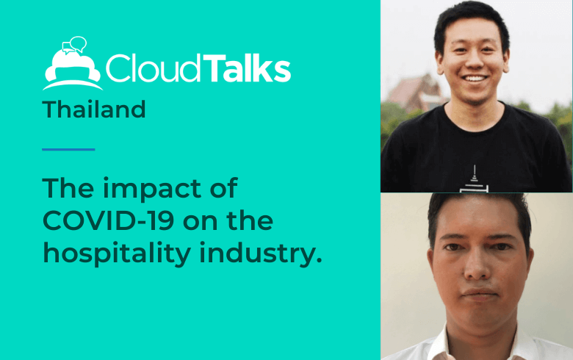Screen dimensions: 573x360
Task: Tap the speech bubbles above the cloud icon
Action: [x=74, y=45]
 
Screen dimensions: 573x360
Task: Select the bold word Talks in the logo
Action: [x=247, y=68]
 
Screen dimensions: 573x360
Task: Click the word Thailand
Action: [x=94, y=109]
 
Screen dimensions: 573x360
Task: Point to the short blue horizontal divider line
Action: [x=68, y=149]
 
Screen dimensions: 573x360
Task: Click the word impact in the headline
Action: [x=152, y=190]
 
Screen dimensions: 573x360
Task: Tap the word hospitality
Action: [x=117, y=254]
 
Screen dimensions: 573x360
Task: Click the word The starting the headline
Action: [x=68, y=187]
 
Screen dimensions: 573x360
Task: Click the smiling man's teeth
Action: [x=475, y=78]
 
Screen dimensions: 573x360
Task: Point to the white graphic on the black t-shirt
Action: [x=474, y=179]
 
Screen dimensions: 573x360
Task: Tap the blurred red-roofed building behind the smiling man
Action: [x=415, y=93]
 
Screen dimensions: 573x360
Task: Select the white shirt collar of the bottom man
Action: [x=439, y=345]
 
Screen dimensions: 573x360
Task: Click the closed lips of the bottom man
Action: [x=480, y=293]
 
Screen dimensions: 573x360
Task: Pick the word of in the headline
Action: [x=224, y=187]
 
